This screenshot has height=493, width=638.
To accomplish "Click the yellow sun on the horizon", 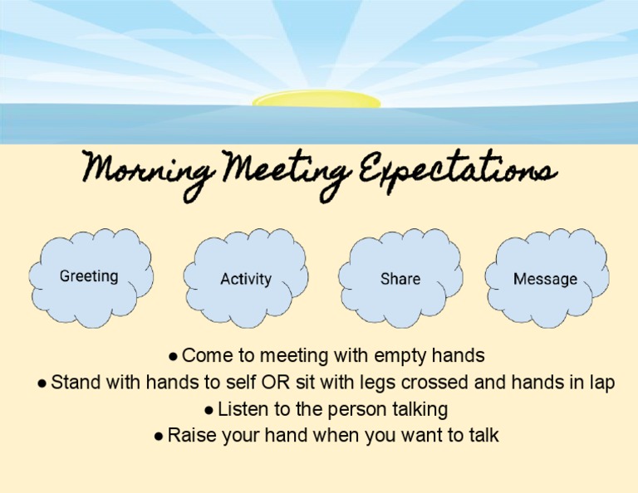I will click(317, 100).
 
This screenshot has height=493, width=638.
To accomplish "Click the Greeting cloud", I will click(90, 276).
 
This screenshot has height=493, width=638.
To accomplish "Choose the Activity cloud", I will click(245, 280).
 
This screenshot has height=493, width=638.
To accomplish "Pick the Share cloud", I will click(400, 280).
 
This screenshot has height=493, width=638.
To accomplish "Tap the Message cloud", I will click(545, 280).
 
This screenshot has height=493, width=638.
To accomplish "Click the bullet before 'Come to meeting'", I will click(173, 357).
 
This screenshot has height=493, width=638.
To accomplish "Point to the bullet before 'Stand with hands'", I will click(42, 383).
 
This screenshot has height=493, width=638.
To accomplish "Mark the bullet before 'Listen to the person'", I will click(209, 410).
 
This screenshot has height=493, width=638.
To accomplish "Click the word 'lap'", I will click(601, 383).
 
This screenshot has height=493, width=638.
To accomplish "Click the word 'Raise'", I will click(189, 436).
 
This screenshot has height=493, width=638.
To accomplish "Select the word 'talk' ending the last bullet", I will click(483, 436).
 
